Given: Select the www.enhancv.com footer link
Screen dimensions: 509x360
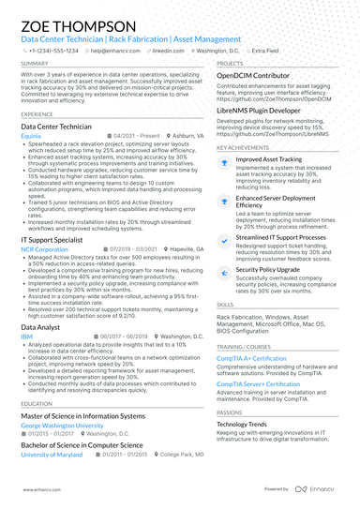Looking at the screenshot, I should coord(35,490).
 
